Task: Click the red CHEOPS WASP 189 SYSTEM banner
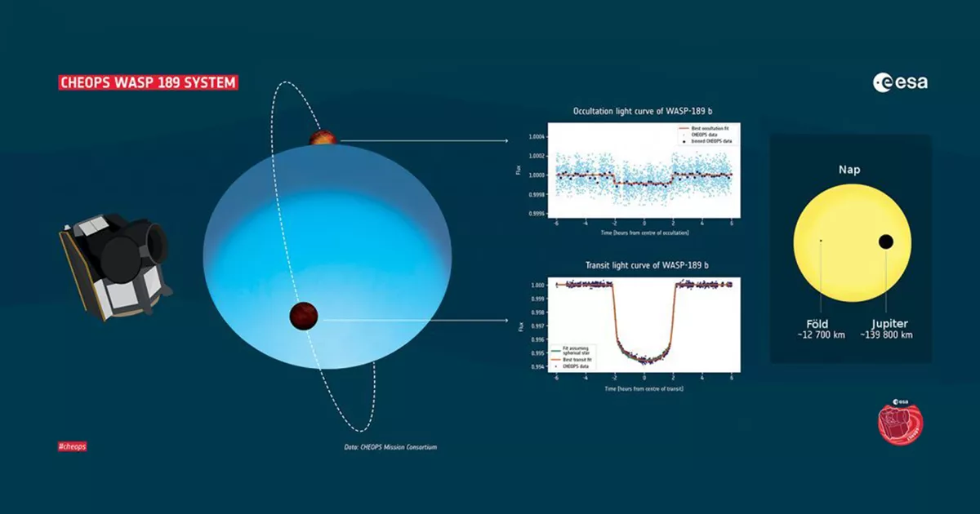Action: (148, 82)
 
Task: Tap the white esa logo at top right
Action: (900, 82)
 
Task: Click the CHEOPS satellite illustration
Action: (115, 265)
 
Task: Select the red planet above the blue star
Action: (323, 136)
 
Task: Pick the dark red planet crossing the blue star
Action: (303, 316)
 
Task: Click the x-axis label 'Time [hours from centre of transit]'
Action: (644, 389)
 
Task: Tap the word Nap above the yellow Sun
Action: (849, 171)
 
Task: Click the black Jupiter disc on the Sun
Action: (885, 241)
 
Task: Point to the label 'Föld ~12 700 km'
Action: (817, 330)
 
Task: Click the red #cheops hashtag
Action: (73, 446)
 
